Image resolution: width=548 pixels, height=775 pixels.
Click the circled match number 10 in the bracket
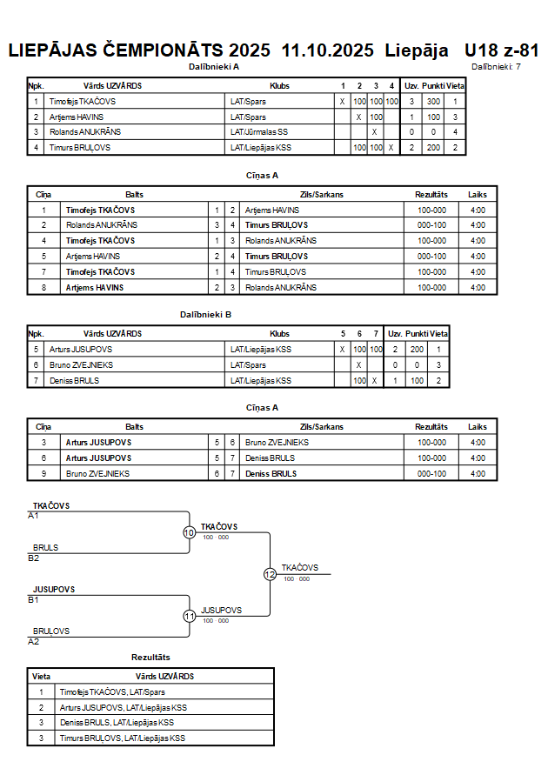189,532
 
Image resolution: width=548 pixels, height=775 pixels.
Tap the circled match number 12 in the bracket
270,574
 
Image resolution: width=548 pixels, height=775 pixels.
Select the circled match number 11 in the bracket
189,616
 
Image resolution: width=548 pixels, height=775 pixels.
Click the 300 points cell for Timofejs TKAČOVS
433,102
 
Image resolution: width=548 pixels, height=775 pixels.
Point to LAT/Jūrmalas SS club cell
259,132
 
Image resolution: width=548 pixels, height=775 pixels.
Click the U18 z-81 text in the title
502,50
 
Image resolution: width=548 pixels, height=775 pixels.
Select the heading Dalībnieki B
205,313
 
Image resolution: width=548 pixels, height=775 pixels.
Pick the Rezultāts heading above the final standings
150,657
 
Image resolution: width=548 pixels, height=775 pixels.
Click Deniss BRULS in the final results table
116,723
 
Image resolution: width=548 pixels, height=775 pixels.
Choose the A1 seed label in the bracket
34,516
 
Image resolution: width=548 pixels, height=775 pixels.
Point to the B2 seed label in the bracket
34,558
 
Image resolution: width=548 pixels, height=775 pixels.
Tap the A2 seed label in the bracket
34,641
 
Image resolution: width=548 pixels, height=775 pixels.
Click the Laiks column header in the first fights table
477,194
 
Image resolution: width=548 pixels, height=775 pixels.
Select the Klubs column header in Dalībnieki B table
279,333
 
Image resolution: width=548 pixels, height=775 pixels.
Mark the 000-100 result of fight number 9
431,474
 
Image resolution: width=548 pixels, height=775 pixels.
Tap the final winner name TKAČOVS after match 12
297,567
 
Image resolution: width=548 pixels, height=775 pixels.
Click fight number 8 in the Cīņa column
43,288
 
